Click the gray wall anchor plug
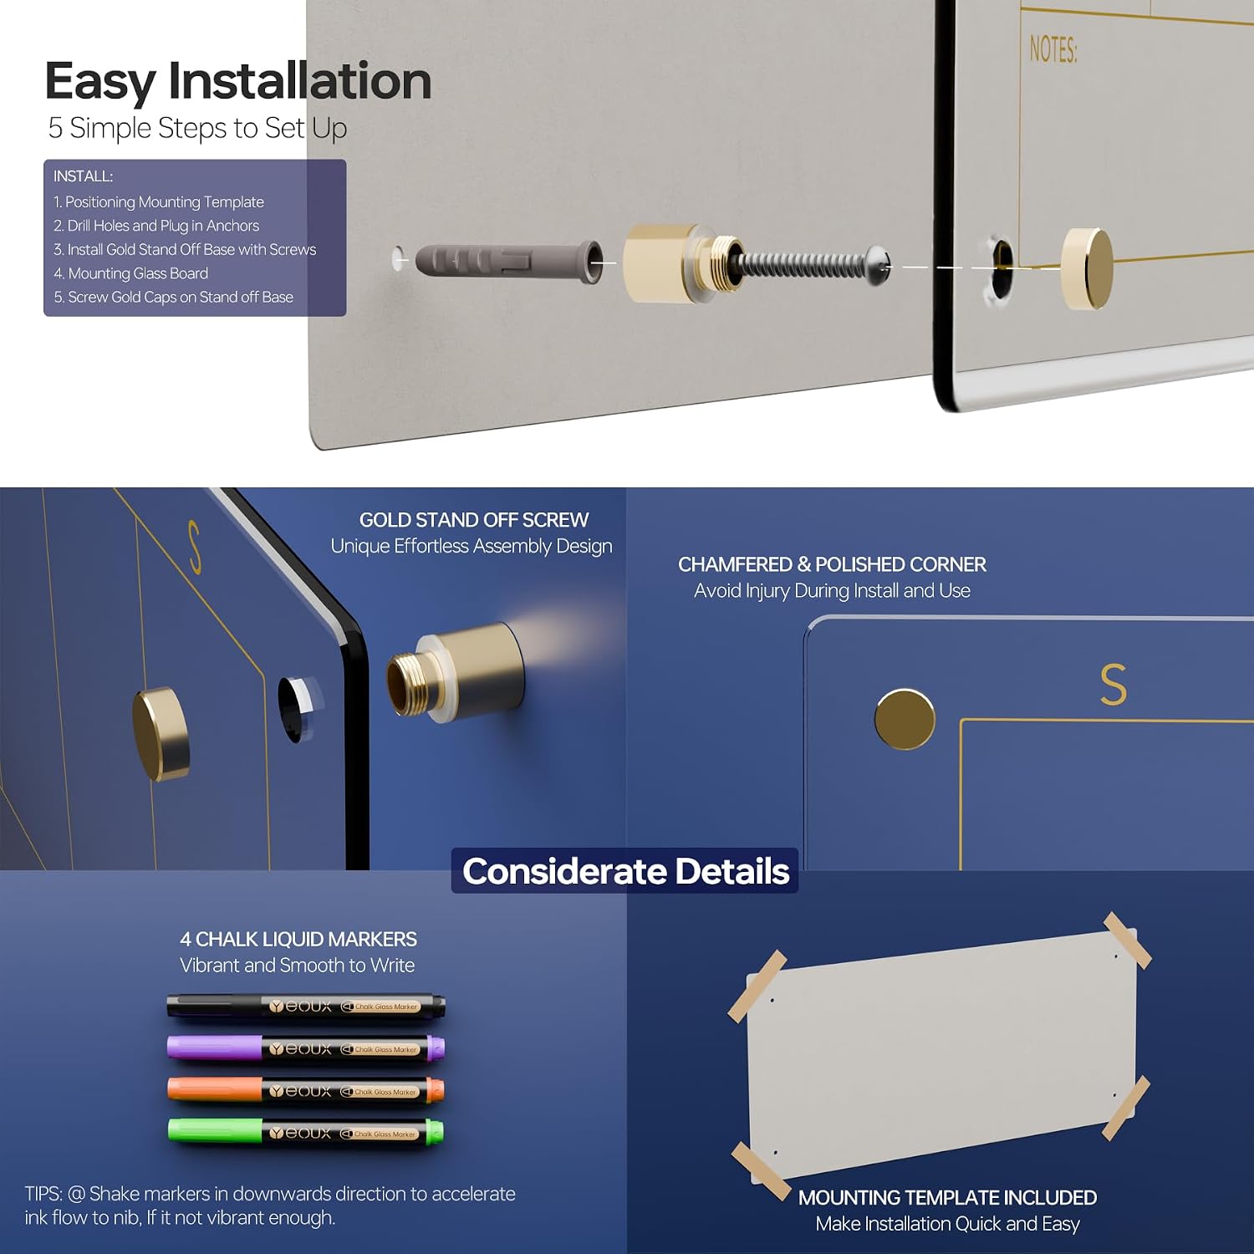[x=509, y=263]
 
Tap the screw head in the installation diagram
[x=877, y=265]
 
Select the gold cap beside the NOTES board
[x=1087, y=268]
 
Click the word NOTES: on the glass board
[x=1053, y=49]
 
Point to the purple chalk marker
[x=306, y=1048]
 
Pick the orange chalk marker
[x=306, y=1090]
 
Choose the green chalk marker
[x=306, y=1133]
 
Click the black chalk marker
[x=306, y=1006]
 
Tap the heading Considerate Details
[x=625, y=871]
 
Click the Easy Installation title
[x=238, y=81]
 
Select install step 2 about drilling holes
[x=156, y=226]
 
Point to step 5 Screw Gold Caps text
[x=174, y=297]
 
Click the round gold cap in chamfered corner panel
[x=905, y=719]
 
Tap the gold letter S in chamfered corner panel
[x=1114, y=684]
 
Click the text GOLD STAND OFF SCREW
[x=474, y=520]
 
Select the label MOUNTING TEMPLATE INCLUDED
[x=947, y=1198]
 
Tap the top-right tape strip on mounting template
[x=1128, y=941]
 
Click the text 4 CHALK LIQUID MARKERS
[x=298, y=940]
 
